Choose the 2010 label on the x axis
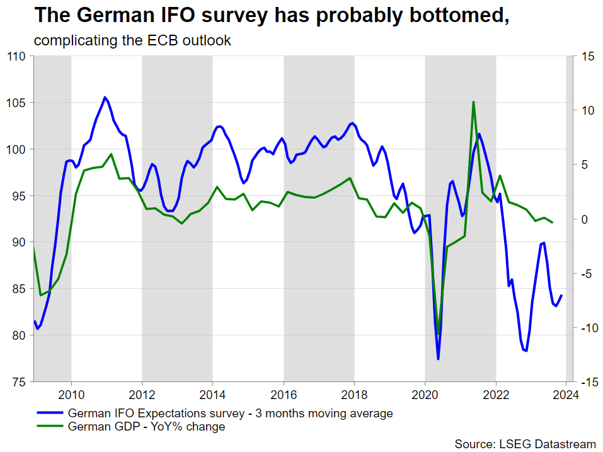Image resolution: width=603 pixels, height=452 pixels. tap(71, 393)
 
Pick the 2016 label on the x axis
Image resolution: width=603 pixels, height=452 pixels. tap(284, 393)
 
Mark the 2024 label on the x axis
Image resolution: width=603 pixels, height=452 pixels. tap(566, 393)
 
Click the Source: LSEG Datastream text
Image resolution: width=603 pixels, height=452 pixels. tap(525, 444)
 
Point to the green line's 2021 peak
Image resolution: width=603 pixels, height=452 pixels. tap(473, 101)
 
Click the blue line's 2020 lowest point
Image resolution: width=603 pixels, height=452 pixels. tap(438, 359)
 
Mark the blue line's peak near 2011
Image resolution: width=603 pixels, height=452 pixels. tap(105, 97)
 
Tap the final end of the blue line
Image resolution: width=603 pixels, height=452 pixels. tap(561, 296)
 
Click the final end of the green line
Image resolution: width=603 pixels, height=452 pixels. tap(553, 223)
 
